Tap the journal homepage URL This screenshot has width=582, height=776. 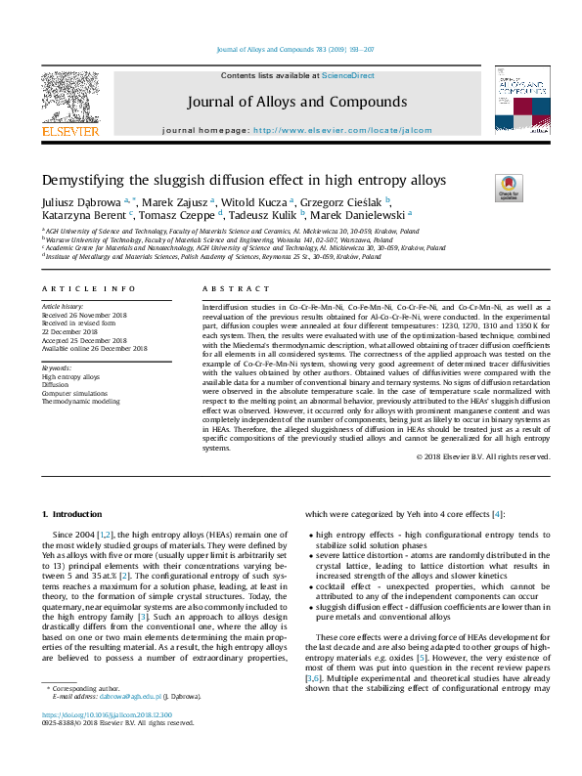coord(342,129)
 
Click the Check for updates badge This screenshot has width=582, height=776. coord(510,188)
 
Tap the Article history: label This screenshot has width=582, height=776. coord(64,307)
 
